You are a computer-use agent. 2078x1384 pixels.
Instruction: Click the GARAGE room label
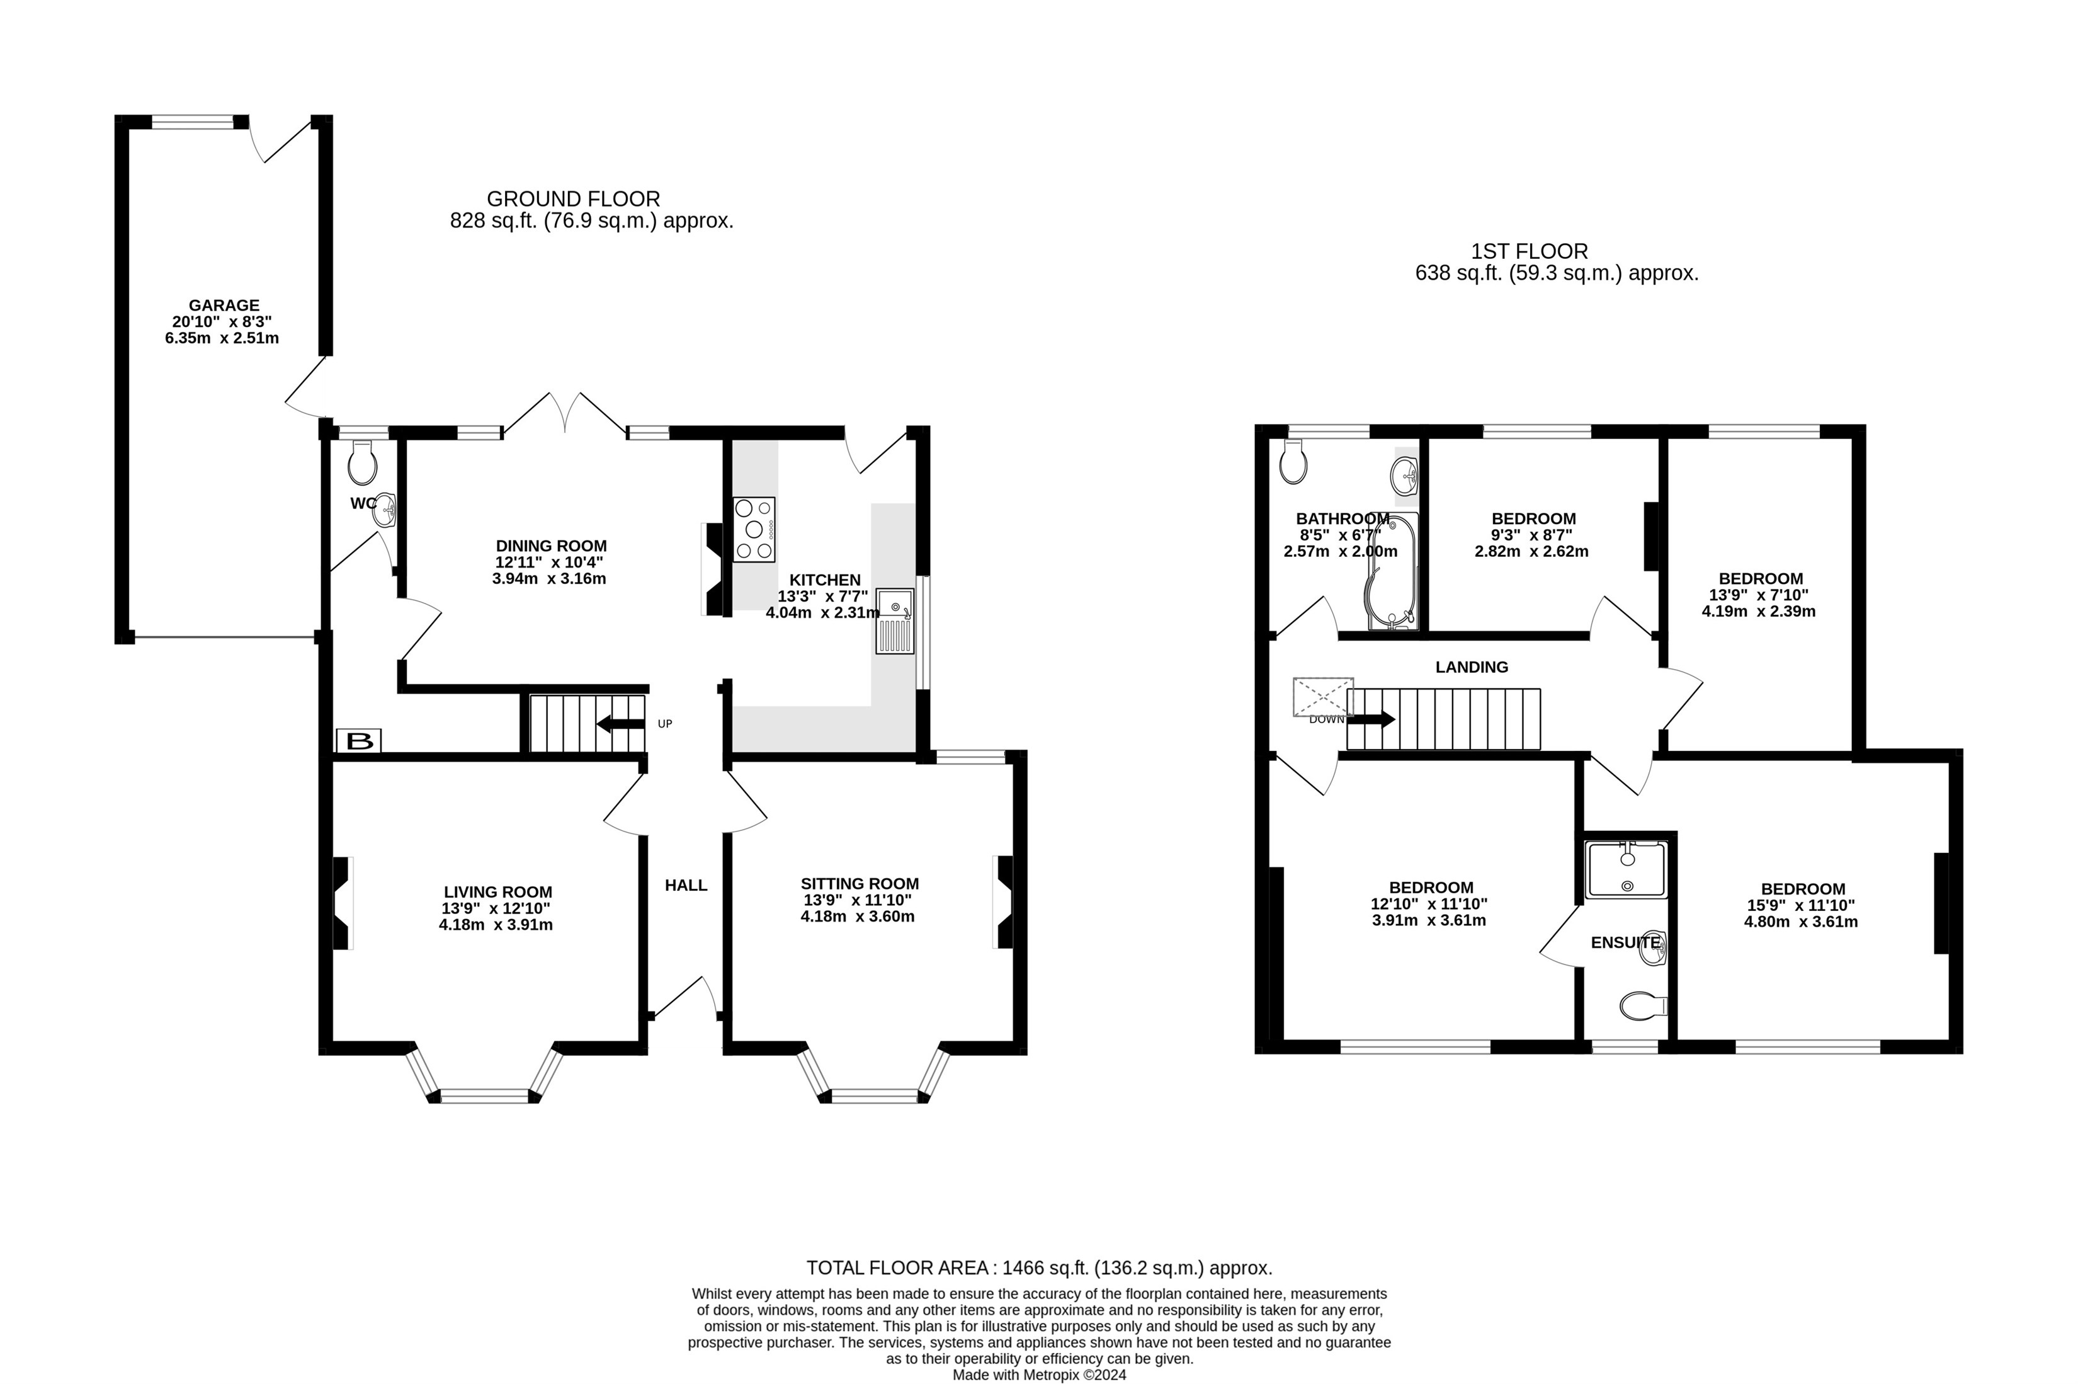coord(224,306)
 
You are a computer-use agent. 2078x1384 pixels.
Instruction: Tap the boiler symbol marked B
coord(359,741)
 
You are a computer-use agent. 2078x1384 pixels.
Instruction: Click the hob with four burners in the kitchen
coord(754,530)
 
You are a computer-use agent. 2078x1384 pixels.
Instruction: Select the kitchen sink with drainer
coord(895,621)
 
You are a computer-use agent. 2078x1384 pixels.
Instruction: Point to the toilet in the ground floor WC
coord(363,462)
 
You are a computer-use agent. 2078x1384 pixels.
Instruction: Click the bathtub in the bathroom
coord(1392,572)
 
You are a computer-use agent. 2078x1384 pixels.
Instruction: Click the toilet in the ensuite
coord(1643,1005)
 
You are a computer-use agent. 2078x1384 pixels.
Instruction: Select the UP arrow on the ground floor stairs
coord(620,724)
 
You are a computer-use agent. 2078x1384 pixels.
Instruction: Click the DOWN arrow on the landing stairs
coord(1371,719)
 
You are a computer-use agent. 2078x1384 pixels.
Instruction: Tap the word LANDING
coord(1472,667)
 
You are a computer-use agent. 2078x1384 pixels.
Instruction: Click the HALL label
coord(686,885)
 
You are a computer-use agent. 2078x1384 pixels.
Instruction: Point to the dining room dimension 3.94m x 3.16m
coord(549,579)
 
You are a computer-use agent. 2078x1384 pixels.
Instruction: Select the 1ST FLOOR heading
coord(1529,251)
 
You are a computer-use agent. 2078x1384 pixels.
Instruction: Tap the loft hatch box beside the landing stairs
coord(1323,697)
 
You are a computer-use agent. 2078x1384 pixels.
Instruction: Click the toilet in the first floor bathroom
coord(1293,462)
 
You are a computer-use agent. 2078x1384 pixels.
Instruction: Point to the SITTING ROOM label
coord(860,884)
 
